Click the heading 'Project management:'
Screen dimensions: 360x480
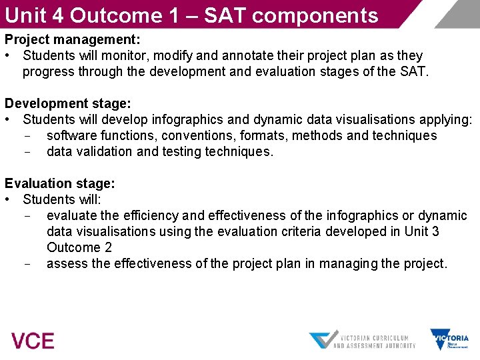[x=73, y=39]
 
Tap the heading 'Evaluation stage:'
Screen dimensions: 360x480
[x=60, y=183]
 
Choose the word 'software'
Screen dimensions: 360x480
[x=72, y=135]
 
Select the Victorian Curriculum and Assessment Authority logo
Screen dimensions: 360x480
[x=362, y=340]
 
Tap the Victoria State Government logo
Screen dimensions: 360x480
[x=449, y=339]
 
